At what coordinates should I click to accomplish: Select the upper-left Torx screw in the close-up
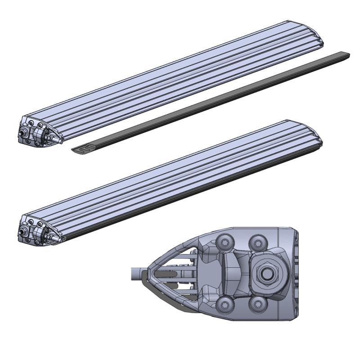223,242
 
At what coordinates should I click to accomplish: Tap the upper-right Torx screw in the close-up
257,242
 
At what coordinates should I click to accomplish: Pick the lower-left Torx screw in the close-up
223,305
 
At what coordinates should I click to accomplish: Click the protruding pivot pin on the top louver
22,134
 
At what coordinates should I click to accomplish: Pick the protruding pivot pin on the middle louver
22,230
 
